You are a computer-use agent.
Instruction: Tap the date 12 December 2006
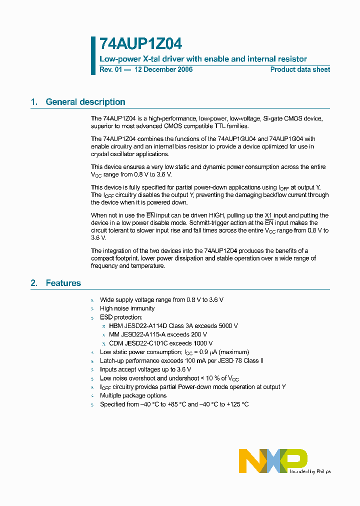click(x=163, y=69)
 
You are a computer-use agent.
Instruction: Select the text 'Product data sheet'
click(x=300, y=69)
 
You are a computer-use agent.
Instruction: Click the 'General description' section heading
click(x=85, y=102)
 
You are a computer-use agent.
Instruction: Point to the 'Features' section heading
click(x=63, y=283)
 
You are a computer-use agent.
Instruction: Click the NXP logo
click(x=272, y=460)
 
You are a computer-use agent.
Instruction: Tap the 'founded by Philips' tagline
click(x=310, y=471)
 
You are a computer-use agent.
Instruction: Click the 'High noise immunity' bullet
click(x=127, y=308)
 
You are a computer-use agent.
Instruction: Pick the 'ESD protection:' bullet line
click(x=121, y=317)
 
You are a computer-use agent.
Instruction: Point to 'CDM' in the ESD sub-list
click(x=116, y=343)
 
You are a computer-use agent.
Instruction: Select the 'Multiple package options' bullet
click(x=133, y=395)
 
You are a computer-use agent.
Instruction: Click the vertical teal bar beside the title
click(x=93, y=55)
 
